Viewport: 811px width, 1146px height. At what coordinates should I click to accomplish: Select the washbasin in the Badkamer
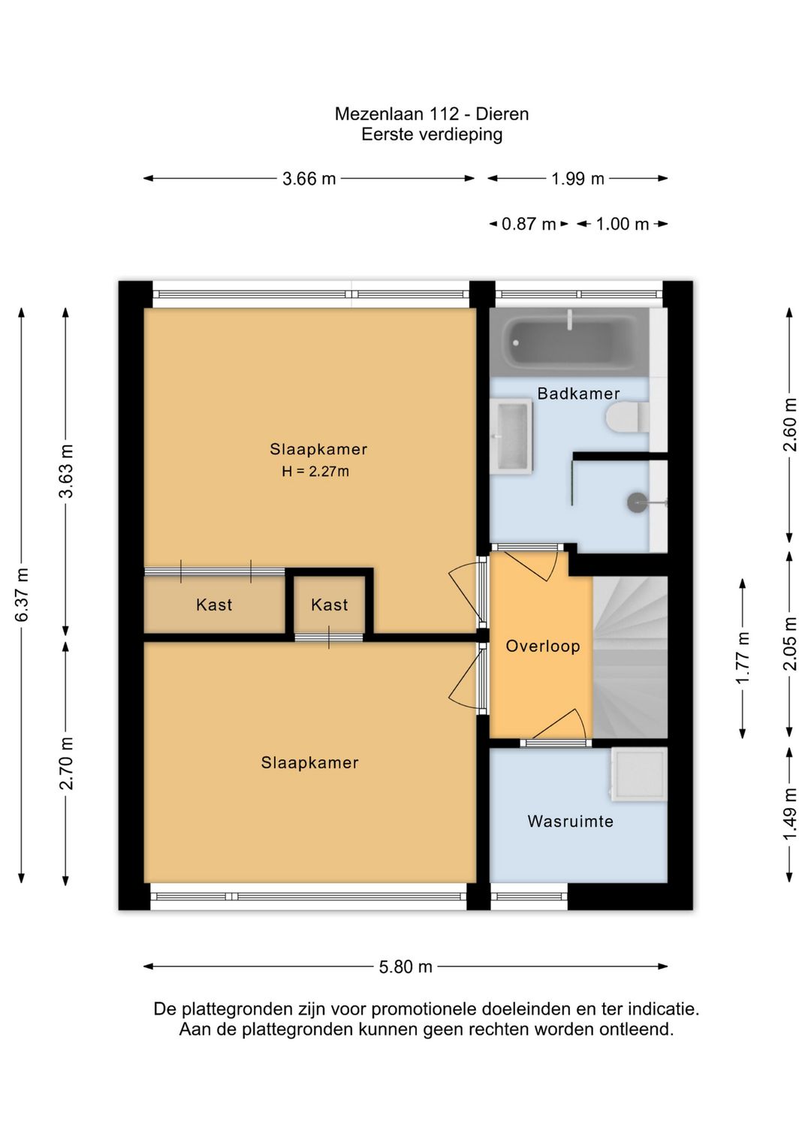click(x=511, y=436)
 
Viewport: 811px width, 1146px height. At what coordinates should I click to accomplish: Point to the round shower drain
click(x=637, y=502)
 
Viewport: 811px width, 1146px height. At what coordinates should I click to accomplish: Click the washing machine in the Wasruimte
click(x=639, y=774)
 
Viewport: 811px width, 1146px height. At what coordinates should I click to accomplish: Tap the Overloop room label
click(x=543, y=646)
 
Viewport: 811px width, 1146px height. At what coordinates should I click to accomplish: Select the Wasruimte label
click(x=570, y=821)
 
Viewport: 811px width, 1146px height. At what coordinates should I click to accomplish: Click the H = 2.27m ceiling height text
click(x=315, y=471)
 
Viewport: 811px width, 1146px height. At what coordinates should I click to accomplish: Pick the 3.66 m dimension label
click(x=309, y=179)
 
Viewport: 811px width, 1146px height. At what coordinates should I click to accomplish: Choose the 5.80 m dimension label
click(x=405, y=967)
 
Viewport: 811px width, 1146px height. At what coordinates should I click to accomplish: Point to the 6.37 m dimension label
click(x=22, y=595)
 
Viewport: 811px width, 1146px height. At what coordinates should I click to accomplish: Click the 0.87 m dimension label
click(x=529, y=224)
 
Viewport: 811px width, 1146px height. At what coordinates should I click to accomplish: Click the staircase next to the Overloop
click(x=630, y=657)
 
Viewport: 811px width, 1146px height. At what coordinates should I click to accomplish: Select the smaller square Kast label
click(x=330, y=605)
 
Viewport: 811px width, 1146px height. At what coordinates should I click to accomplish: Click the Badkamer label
click(x=578, y=394)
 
